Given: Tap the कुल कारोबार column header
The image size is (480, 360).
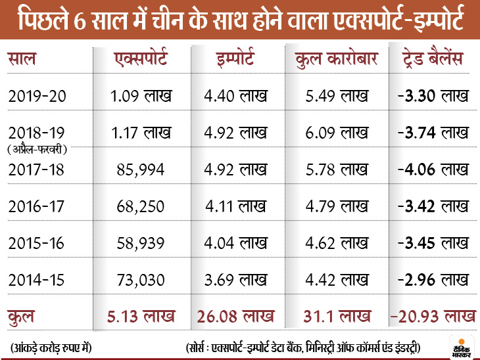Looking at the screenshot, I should tap(335, 61).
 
